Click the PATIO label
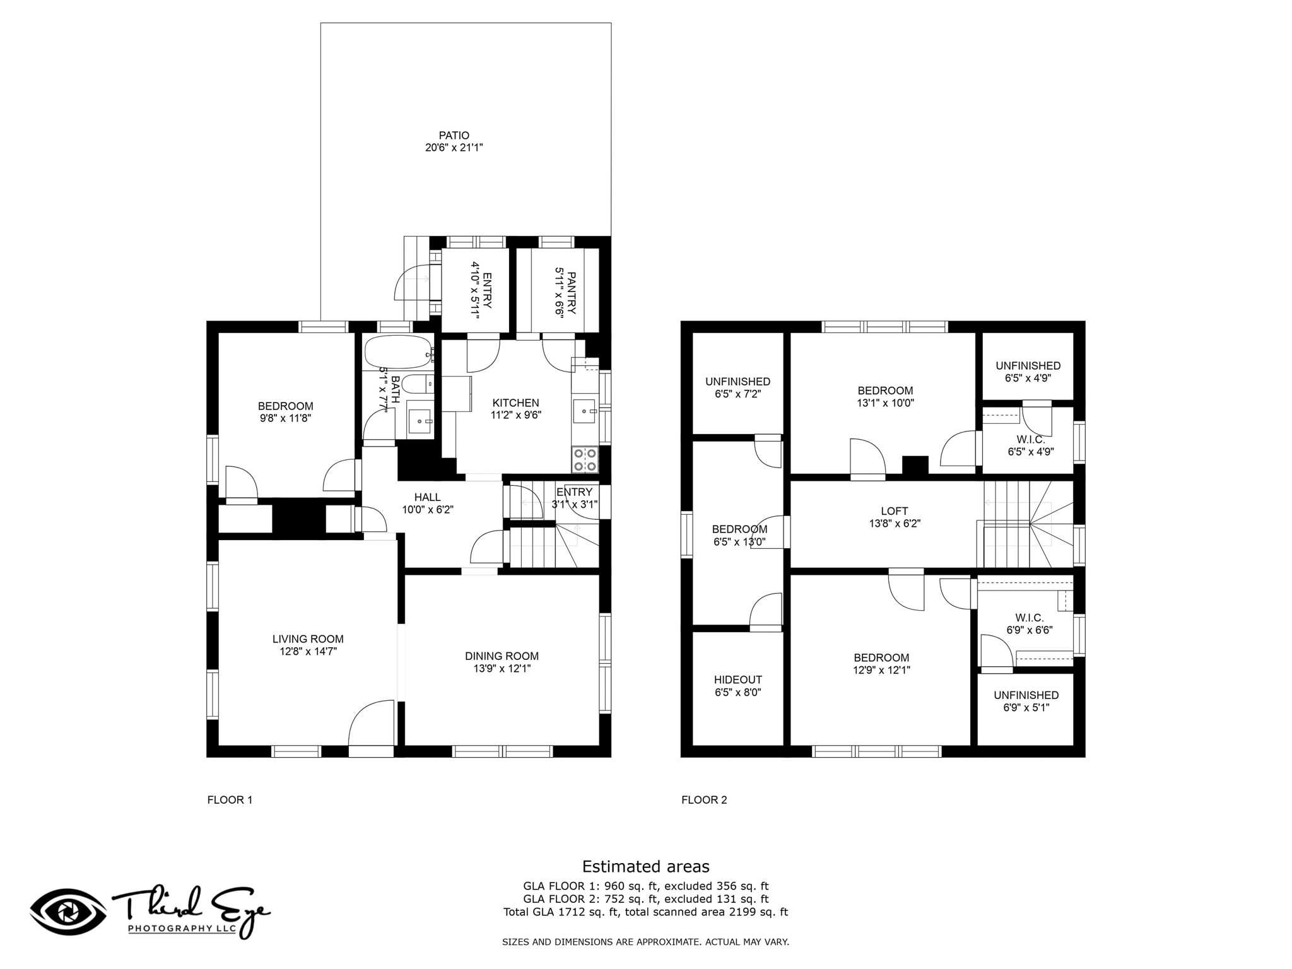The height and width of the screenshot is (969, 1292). click(x=454, y=136)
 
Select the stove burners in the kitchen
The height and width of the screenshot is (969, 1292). click(x=585, y=459)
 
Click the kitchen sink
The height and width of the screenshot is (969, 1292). click(x=585, y=411)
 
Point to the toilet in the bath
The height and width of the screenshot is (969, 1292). click(x=417, y=384)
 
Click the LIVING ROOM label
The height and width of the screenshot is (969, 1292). click(x=308, y=639)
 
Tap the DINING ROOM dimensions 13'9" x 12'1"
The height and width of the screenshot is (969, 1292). click(x=502, y=669)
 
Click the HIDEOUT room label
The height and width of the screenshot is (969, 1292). click(x=738, y=680)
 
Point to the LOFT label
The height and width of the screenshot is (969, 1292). click(x=895, y=511)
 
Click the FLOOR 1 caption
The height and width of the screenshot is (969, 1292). click(x=230, y=800)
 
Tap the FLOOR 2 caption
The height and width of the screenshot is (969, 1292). click(x=704, y=800)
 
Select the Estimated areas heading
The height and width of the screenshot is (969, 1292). click(x=645, y=866)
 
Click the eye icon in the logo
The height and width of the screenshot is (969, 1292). click(x=68, y=912)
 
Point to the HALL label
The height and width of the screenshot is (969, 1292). click(x=428, y=497)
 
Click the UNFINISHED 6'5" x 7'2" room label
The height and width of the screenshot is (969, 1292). click(x=737, y=387)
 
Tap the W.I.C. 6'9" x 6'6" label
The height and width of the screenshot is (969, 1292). click(x=1030, y=623)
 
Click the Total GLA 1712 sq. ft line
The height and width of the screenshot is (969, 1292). click(x=645, y=912)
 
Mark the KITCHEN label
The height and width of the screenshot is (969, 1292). click(x=516, y=403)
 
